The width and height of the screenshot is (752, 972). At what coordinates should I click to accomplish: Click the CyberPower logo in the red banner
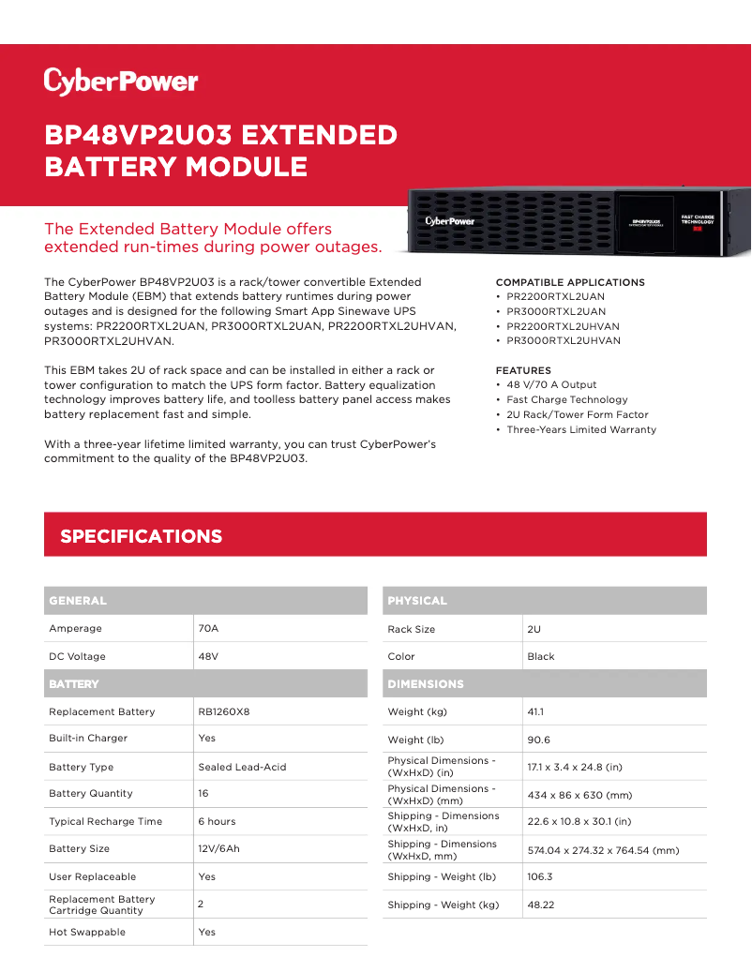point(121,82)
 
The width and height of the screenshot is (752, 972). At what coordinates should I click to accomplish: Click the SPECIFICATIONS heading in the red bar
point(142,536)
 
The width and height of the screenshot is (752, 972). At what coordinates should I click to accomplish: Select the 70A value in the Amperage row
point(208,628)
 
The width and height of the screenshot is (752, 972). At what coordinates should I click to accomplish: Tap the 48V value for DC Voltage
point(208,656)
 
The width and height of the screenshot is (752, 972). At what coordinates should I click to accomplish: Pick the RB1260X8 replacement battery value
point(224,711)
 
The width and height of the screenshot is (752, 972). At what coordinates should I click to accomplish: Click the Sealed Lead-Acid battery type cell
point(242,767)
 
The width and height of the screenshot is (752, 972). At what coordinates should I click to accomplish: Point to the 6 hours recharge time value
point(217,821)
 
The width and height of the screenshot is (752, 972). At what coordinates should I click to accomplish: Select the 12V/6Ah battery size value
point(218,848)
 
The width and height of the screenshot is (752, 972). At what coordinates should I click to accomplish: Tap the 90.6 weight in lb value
point(538,740)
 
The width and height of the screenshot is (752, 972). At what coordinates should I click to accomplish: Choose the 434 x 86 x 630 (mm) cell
point(579,795)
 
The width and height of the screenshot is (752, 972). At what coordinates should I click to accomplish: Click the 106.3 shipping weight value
point(540,876)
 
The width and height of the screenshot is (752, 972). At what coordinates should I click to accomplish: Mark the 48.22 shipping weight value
point(541,905)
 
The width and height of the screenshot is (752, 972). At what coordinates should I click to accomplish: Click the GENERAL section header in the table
point(78,601)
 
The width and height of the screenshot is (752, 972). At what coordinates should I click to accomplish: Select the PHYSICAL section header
point(417,601)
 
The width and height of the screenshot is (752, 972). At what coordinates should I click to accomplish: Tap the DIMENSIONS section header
point(426,684)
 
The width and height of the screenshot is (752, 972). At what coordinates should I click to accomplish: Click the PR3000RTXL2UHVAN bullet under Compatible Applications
point(564,341)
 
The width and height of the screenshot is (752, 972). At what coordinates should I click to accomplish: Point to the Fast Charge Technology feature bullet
point(567,399)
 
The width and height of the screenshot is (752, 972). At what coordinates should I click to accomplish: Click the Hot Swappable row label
point(87,932)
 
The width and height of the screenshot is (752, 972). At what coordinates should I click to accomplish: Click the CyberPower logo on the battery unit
point(450,221)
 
